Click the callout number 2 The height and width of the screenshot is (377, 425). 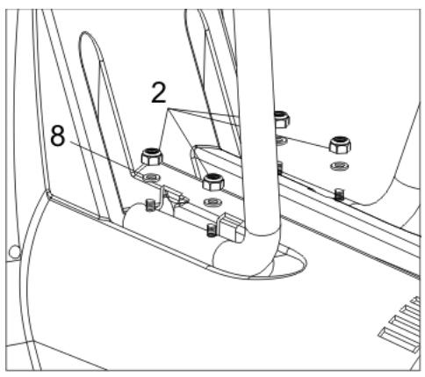coord(159,92)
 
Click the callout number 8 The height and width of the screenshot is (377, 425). coord(58,135)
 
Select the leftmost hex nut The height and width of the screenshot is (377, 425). coord(152,156)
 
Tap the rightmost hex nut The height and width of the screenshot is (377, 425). coord(340,144)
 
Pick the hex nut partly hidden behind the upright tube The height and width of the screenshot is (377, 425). coord(282,120)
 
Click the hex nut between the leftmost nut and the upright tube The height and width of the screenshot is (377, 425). coord(213,182)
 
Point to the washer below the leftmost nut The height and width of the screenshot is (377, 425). coord(151,177)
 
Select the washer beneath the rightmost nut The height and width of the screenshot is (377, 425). coord(340,166)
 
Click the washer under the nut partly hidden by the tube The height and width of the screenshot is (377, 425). coord(282,141)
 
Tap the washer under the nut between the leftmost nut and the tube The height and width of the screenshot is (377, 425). coord(213,202)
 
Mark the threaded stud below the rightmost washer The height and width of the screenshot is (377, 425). coord(339,194)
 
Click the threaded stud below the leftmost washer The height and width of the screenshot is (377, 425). coord(150,205)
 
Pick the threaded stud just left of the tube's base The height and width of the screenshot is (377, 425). coord(211,230)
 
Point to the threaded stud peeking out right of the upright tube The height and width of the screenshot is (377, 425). coord(280,167)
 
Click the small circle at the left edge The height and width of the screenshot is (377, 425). coord(14,251)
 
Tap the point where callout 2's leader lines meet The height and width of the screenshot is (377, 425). coord(169,109)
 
